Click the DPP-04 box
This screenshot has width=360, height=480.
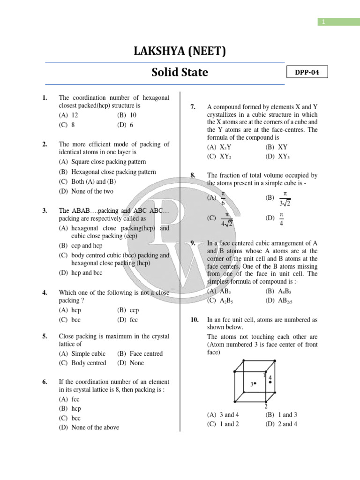[307, 72]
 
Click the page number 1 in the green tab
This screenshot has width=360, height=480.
[322, 22]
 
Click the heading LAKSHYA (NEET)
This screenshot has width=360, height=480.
[180, 51]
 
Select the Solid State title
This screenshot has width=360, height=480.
[180, 73]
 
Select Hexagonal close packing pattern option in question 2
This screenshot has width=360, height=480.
[107, 172]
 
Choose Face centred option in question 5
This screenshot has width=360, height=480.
[140, 353]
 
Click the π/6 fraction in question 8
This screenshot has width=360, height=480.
[223, 198]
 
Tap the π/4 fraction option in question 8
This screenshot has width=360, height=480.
[282, 218]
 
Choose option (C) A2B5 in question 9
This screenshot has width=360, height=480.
[217, 300]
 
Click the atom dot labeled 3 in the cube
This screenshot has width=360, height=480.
[255, 384]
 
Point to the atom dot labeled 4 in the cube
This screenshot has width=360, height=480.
[270, 382]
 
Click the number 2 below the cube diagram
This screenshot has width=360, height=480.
[266, 406]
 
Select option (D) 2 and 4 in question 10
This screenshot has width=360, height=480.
[281, 424]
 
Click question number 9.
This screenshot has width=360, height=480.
[193, 242]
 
